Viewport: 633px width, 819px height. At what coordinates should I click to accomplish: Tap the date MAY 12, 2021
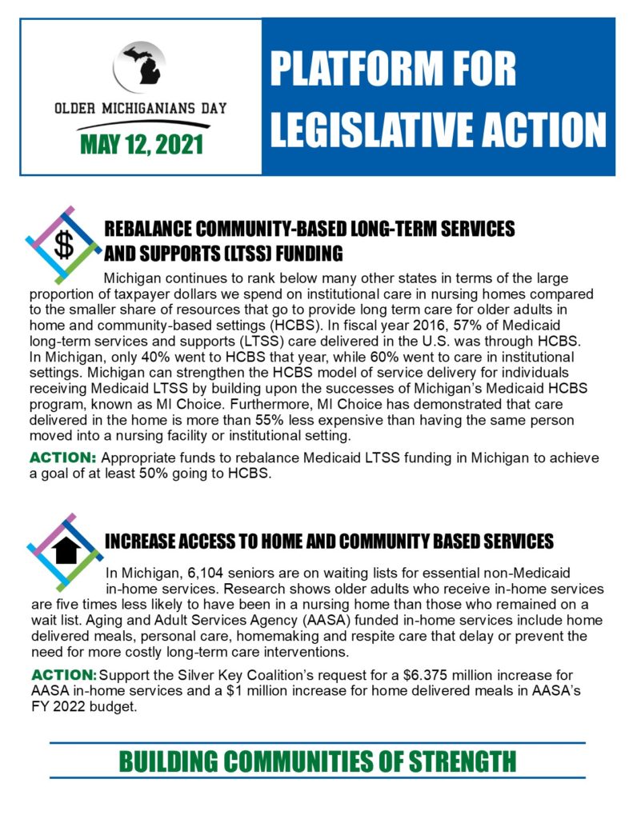point(141,145)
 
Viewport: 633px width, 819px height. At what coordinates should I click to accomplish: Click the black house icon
point(63,549)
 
